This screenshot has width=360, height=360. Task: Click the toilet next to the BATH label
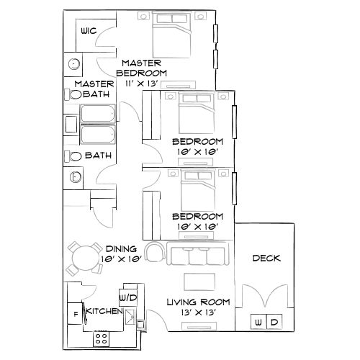75,156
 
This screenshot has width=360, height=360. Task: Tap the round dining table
86,257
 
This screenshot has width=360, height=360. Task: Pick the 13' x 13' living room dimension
192,312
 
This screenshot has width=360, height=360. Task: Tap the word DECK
266,258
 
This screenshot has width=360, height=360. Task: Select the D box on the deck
275,322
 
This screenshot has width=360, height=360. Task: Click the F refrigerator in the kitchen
76,314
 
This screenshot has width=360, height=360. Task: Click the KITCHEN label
104,310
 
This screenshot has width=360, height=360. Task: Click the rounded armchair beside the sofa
154,251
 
